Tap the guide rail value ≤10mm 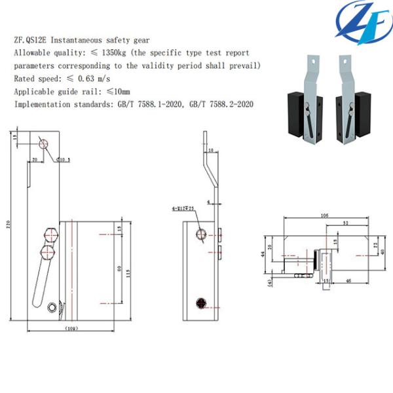117,91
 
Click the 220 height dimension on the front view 9,226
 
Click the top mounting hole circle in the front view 43,143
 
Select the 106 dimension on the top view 324,215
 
